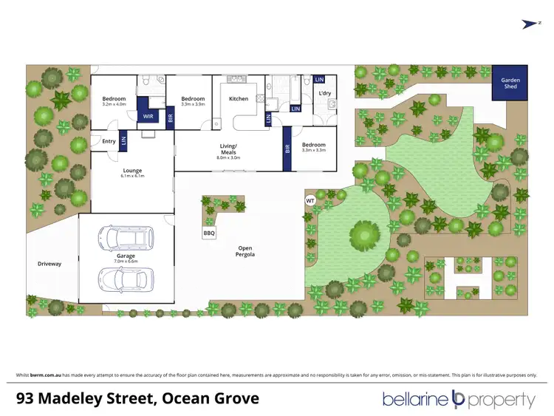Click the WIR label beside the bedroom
click(148, 117)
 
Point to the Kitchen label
click(239, 98)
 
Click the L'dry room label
click(324, 93)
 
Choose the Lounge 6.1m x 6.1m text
click(132, 173)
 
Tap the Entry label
click(109, 141)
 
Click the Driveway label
click(49, 263)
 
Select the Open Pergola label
click(246, 252)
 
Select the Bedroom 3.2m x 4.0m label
click(114, 101)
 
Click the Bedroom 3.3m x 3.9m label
click(193, 101)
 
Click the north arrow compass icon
click(529, 24)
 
